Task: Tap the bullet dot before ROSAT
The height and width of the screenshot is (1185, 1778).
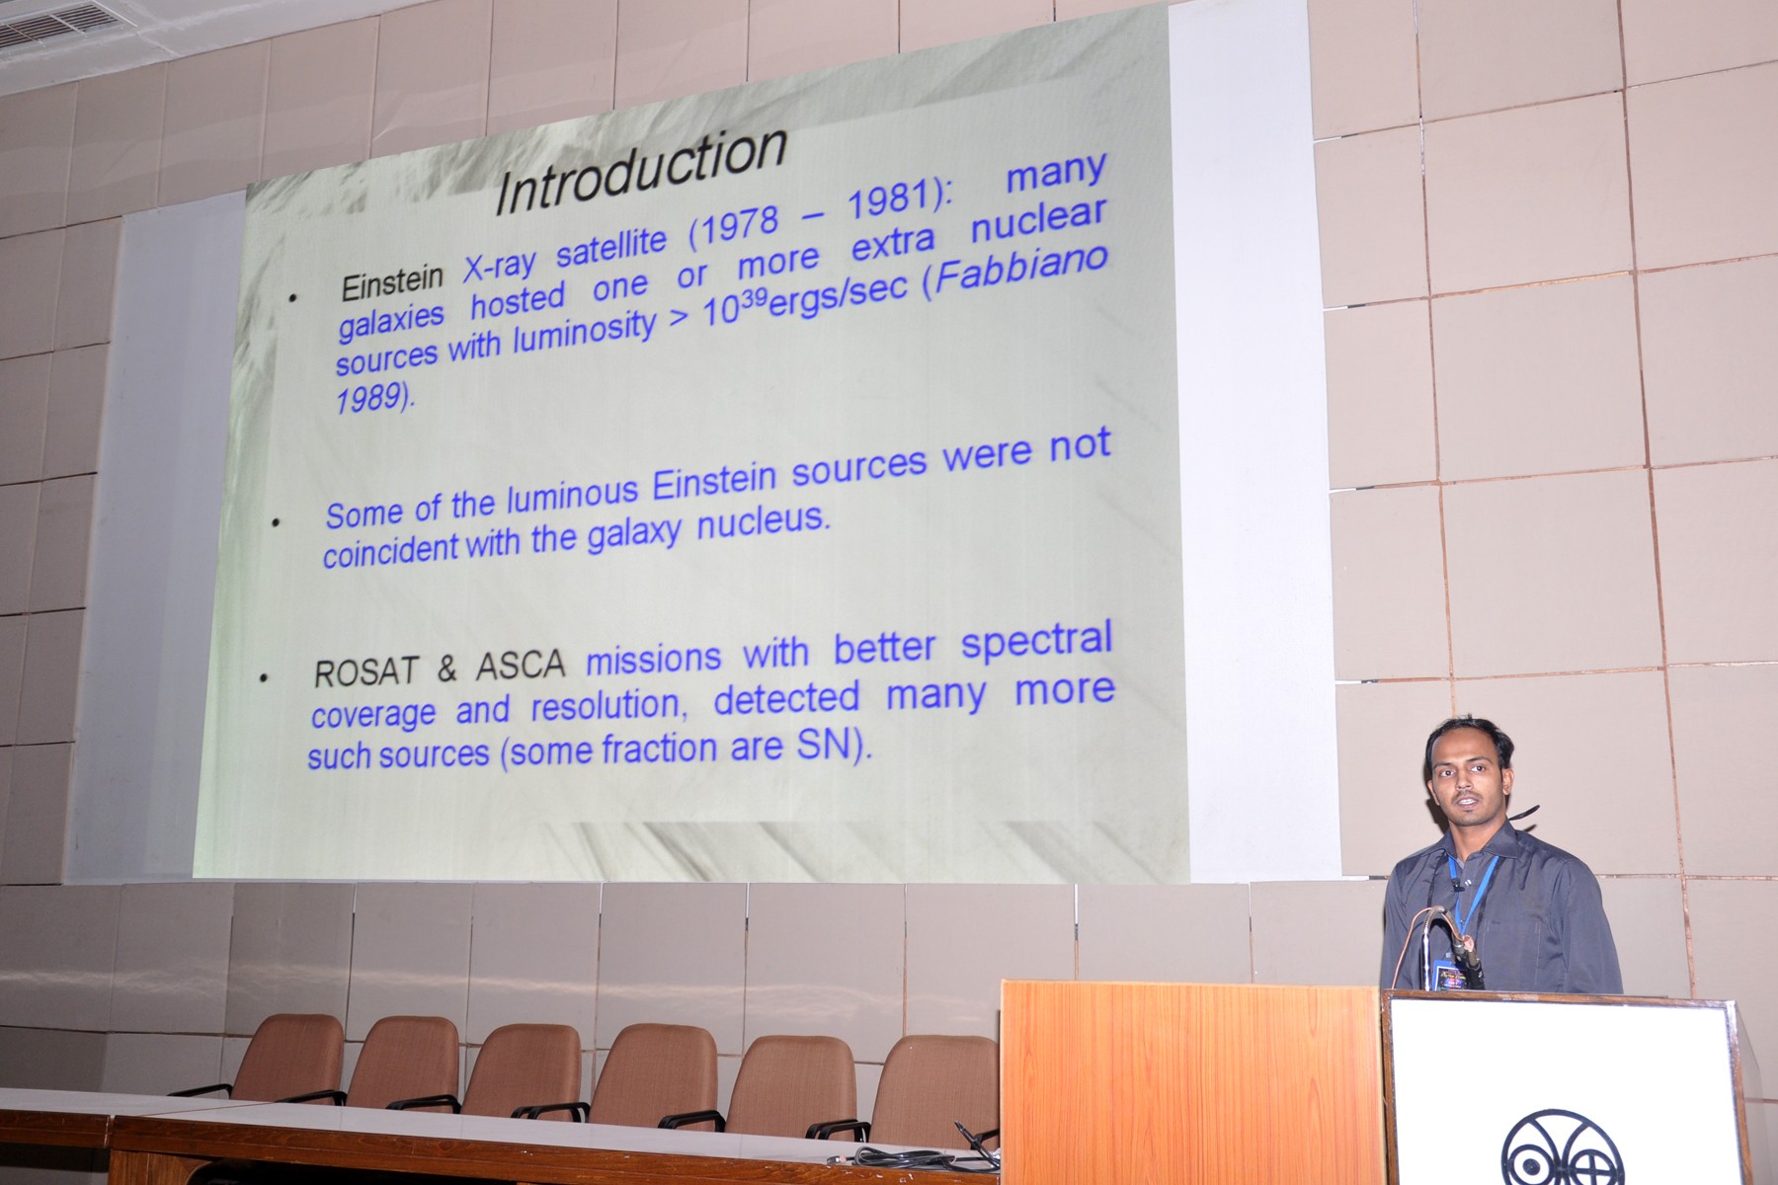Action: (264, 678)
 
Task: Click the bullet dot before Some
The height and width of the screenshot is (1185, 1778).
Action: (277, 522)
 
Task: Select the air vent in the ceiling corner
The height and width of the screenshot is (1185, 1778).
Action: (59, 24)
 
